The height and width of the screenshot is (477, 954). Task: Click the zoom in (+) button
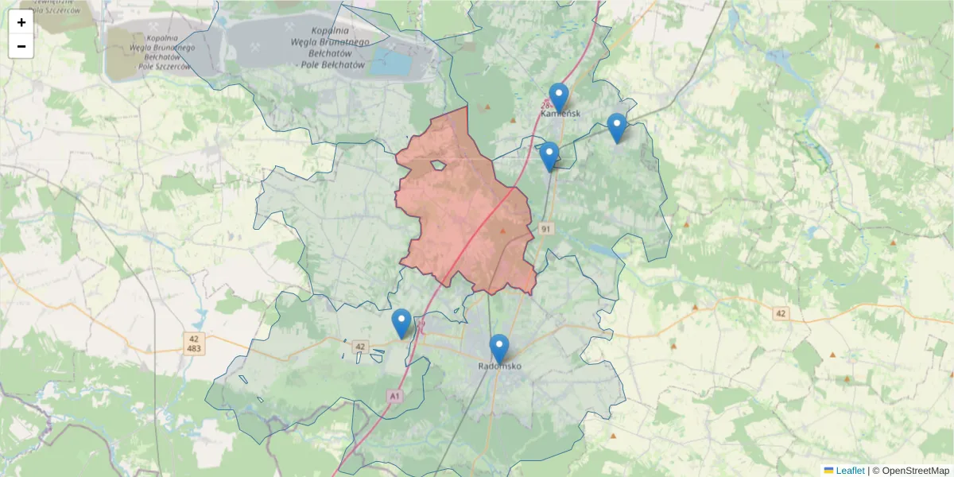point(21,22)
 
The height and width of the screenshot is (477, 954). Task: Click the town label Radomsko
point(499,366)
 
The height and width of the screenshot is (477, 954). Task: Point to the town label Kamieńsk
point(560,114)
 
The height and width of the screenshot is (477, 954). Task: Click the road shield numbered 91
point(546,229)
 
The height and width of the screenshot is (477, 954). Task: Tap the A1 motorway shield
point(395,395)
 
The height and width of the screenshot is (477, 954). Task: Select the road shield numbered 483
point(194,349)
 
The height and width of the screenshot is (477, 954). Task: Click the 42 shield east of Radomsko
point(780,314)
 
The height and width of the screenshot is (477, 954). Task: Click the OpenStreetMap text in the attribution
point(915,471)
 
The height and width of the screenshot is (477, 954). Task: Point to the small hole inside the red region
point(437,166)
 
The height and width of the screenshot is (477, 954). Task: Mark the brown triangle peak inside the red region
point(502,231)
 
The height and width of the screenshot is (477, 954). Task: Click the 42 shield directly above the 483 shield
point(194,339)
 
